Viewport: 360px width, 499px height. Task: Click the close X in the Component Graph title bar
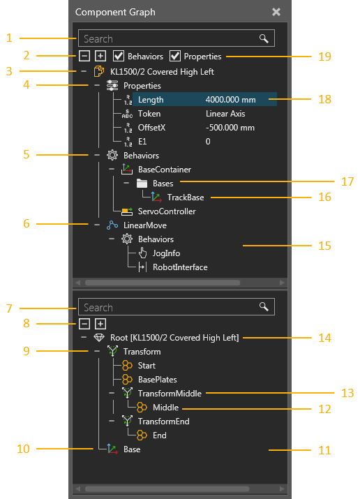pyautogui.click(x=276, y=12)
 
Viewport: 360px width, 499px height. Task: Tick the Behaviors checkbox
pyautogui.click(x=119, y=56)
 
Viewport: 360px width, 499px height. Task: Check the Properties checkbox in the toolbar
pyautogui.click(x=175, y=56)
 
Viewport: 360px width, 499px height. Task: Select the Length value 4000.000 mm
pyautogui.click(x=230, y=100)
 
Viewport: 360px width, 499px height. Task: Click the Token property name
pyautogui.click(x=149, y=114)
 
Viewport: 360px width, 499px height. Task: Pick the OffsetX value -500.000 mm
pyautogui.click(x=230, y=128)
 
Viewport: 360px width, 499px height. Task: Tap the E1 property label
pyautogui.click(x=142, y=142)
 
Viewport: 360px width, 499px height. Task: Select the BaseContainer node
pyautogui.click(x=165, y=170)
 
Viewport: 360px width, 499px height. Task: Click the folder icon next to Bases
pyautogui.click(x=142, y=184)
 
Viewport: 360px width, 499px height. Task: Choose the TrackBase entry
pyautogui.click(x=186, y=198)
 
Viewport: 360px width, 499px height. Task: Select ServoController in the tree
pyautogui.click(x=167, y=211)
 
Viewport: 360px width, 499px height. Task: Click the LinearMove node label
pyautogui.click(x=145, y=225)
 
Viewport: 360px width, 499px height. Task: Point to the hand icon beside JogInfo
pyautogui.click(x=142, y=253)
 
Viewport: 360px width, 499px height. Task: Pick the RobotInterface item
pyautogui.click(x=180, y=267)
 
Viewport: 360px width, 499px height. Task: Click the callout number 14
pyautogui.click(x=324, y=338)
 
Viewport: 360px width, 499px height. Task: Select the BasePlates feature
pyautogui.click(x=158, y=380)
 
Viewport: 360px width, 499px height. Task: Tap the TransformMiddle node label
pyautogui.click(x=170, y=394)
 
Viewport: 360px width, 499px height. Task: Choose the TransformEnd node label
pyautogui.click(x=164, y=422)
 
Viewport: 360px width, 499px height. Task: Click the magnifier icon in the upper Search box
pyautogui.click(x=264, y=38)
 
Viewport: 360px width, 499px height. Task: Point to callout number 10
pyautogui.click(x=23, y=449)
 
